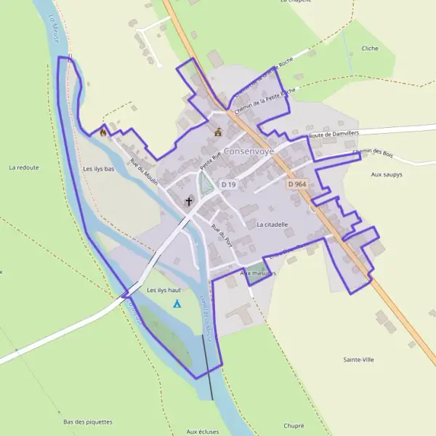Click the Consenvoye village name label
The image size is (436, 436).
(x=249, y=152)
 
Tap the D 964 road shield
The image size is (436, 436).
(x=297, y=185)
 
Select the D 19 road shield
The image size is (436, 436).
(x=229, y=185)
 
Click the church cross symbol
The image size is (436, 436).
(x=190, y=201)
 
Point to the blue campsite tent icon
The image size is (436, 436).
(x=177, y=302)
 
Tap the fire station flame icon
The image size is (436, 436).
(x=103, y=132)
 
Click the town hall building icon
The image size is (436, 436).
(x=218, y=132)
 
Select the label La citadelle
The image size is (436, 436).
(x=272, y=225)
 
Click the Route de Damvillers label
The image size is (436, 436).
(x=331, y=135)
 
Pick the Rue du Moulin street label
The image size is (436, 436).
(x=144, y=172)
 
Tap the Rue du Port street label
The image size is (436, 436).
(x=216, y=234)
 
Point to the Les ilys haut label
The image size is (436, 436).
(x=163, y=290)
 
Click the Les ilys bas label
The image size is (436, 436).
(x=99, y=169)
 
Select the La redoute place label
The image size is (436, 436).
(x=23, y=167)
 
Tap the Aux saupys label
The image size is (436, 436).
(x=387, y=174)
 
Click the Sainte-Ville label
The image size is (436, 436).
(x=359, y=359)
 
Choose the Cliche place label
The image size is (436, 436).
(x=370, y=49)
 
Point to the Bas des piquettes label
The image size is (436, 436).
(x=88, y=421)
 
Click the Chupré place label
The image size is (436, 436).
(x=293, y=425)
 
